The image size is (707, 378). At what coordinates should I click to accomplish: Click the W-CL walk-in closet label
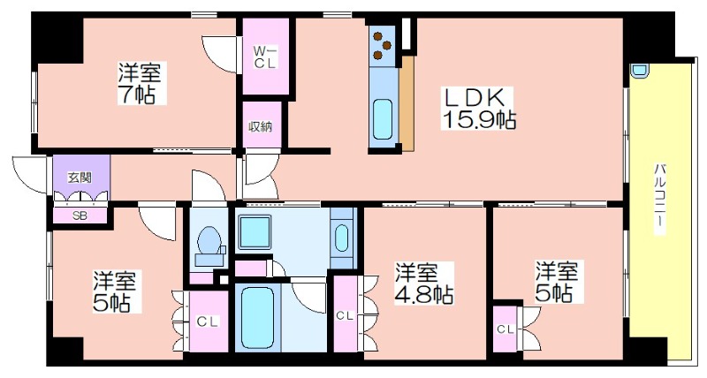coord(266,57)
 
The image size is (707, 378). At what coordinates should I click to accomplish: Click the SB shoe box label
coord(79,215)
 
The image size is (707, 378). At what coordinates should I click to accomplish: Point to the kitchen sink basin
coord(383,115)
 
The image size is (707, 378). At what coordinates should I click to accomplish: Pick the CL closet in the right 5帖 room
coord(505,329)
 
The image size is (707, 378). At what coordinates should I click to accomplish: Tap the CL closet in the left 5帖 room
coord(205,321)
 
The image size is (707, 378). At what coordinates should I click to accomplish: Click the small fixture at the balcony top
coord(639,71)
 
